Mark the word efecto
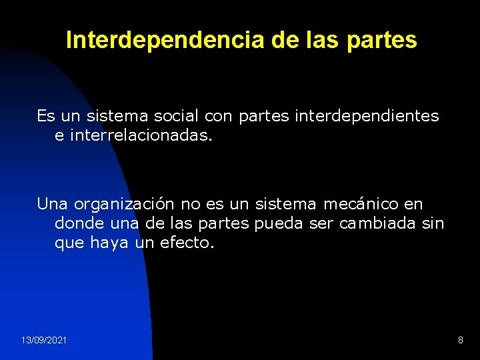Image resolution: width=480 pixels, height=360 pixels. pyautogui.click(x=187, y=243)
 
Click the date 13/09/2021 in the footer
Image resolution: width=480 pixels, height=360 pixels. pyautogui.click(x=43, y=341)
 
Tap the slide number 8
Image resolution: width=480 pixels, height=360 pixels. pyautogui.click(x=460, y=341)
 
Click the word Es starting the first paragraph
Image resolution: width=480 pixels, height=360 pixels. pyautogui.click(x=46, y=116)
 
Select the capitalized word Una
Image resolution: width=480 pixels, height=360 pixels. pyautogui.click(x=52, y=203)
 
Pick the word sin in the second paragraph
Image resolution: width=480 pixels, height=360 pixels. pyautogui.click(x=433, y=223)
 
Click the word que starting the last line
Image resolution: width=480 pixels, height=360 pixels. pyautogui.click(x=69, y=244)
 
